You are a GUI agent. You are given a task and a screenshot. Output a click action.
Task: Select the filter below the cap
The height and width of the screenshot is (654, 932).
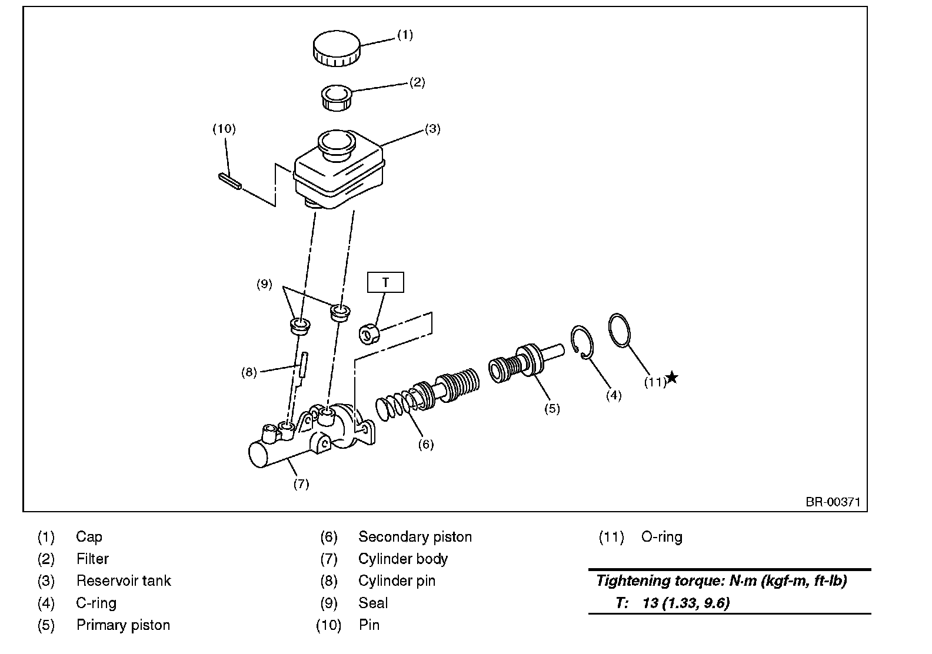[337, 97]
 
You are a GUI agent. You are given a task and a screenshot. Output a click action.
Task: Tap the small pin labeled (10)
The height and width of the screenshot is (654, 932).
[229, 181]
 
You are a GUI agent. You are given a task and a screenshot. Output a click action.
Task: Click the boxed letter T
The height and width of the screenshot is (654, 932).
[385, 282]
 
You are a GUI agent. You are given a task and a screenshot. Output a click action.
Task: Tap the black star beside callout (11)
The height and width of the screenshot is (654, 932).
[671, 378]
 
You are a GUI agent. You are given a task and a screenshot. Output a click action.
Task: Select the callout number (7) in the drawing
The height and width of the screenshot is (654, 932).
[301, 484]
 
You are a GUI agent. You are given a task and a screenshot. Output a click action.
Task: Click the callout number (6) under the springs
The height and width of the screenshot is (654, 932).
[425, 444]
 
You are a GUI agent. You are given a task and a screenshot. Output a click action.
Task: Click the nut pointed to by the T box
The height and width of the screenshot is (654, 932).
[369, 334]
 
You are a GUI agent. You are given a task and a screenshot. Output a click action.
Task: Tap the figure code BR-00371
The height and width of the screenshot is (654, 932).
[833, 502]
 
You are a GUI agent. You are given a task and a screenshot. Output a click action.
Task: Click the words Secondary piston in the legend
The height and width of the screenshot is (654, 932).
[415, 537]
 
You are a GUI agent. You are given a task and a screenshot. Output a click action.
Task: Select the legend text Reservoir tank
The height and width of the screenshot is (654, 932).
[124, 581]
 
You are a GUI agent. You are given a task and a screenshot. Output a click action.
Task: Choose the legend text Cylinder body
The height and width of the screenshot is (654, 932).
[403, 559]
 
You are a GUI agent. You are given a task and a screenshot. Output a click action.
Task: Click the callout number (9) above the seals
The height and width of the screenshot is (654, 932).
[264, 284]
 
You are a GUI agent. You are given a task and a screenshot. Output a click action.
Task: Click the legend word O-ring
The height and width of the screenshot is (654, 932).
[661, 537]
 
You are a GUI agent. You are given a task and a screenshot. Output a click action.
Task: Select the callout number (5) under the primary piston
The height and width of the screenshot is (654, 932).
[552, 408]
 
